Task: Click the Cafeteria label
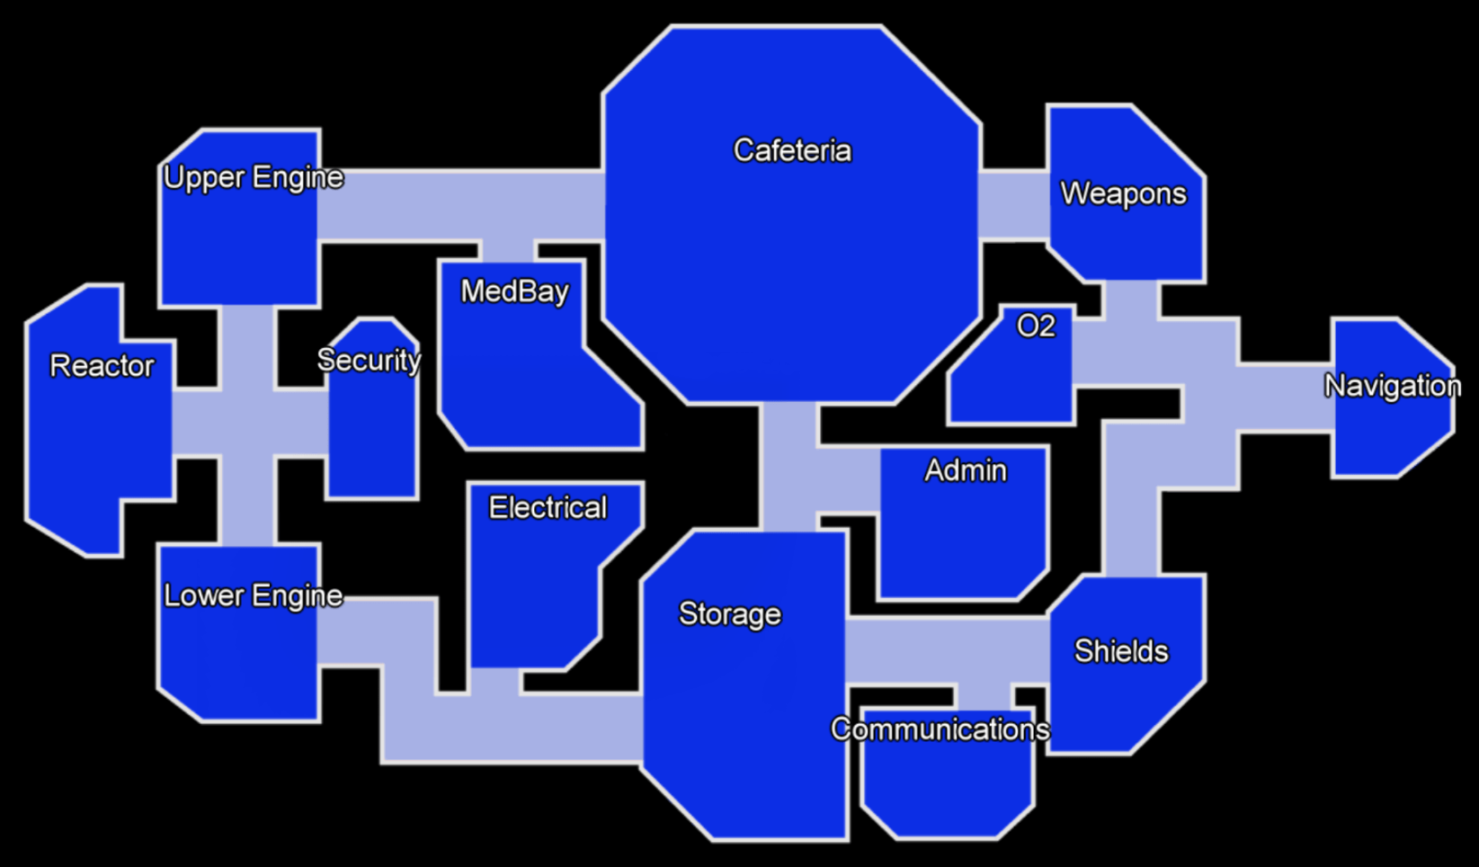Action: point(792,150)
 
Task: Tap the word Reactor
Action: point(102,366)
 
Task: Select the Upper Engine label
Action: point(253,177)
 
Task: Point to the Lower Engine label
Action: point(253,595)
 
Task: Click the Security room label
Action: point(369,360)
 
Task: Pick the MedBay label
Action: point(514,291)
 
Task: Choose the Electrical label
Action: point(548,507)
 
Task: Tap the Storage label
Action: point(729,614)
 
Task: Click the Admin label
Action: point(966,470)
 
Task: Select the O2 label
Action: point(1035,326)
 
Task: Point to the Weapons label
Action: point(1123,193)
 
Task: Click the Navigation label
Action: point(1392,386)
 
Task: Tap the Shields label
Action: point(1121,651)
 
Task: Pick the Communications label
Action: point(940,728)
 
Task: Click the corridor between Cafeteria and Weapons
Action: point(1014,205)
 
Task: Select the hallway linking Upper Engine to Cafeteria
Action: point(459,205)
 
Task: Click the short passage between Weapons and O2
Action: point(1130,300)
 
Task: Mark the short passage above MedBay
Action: point(507,249)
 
